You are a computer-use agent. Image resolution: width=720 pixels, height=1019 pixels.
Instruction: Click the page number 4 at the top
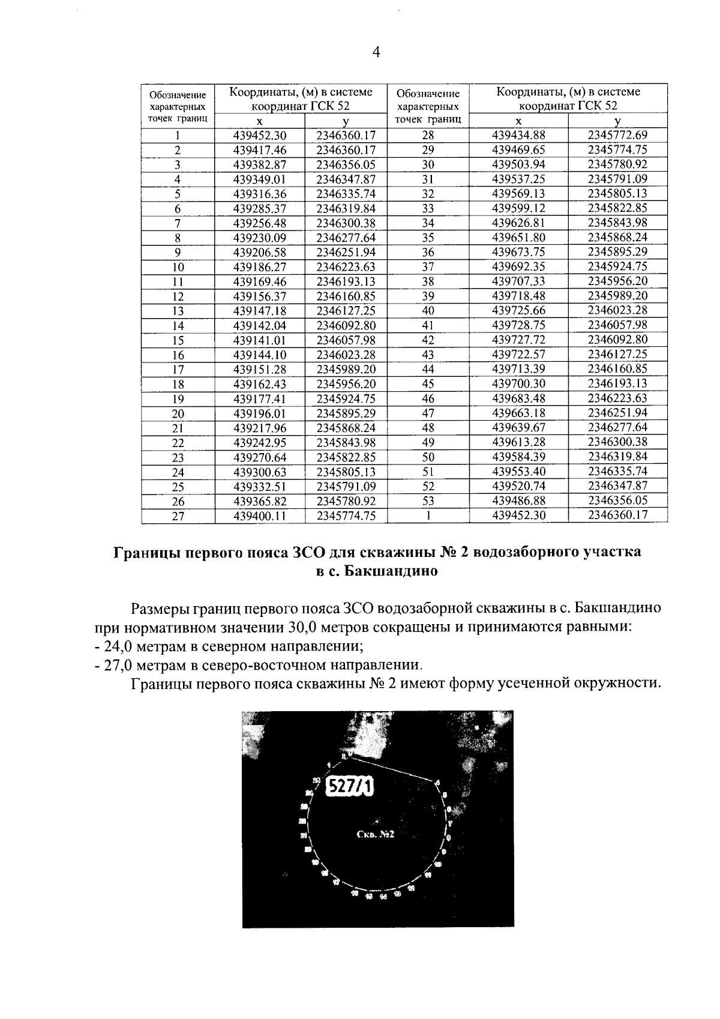[376, 52]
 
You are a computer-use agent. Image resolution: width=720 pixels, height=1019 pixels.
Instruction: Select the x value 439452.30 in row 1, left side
[260, 136]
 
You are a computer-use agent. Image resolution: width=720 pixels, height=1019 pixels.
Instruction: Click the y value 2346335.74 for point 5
[346, 194]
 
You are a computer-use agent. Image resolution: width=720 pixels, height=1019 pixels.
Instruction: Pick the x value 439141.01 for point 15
[260, 340]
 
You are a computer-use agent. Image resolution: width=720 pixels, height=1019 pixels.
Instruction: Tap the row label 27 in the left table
[178, 516]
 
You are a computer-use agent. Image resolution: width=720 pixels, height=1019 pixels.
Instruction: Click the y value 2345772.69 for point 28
[617, 135]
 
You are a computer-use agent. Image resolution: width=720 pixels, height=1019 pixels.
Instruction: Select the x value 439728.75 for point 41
[518, 325]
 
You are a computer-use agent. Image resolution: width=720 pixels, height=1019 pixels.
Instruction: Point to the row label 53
[428, 501]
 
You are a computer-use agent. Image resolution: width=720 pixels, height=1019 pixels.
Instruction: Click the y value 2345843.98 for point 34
[617, 223]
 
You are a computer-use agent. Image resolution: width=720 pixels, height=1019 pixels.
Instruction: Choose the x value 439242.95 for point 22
[260, 443]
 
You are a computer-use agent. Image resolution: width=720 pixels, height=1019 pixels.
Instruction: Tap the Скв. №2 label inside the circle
[374, 835]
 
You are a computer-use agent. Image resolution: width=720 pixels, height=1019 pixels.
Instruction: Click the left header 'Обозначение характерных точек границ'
[178, 106]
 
